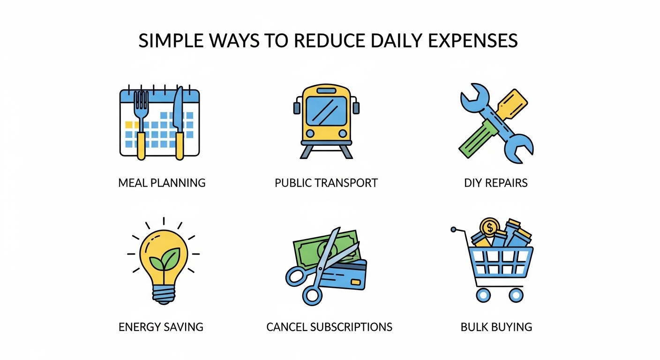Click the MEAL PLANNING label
pyautogui.click(x=162, y=183)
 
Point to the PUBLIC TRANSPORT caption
pyautogui.click(x=326, y=183)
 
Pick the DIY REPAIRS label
pyautogui.click(x=496, y=183)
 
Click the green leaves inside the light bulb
pyautogui.click(x=164, y=260)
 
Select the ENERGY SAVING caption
pyautogui.click(x=161, y=327)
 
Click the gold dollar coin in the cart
pyautogui.click(x=490, y=228)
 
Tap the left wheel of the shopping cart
pyautogui.click(x=483, y=295)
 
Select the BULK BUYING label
pyautogui.click(x=496, y=327)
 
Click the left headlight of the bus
pyautogui.click(x=309, y=133)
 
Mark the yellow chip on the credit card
pyautogui.click(x=356, y=282)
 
